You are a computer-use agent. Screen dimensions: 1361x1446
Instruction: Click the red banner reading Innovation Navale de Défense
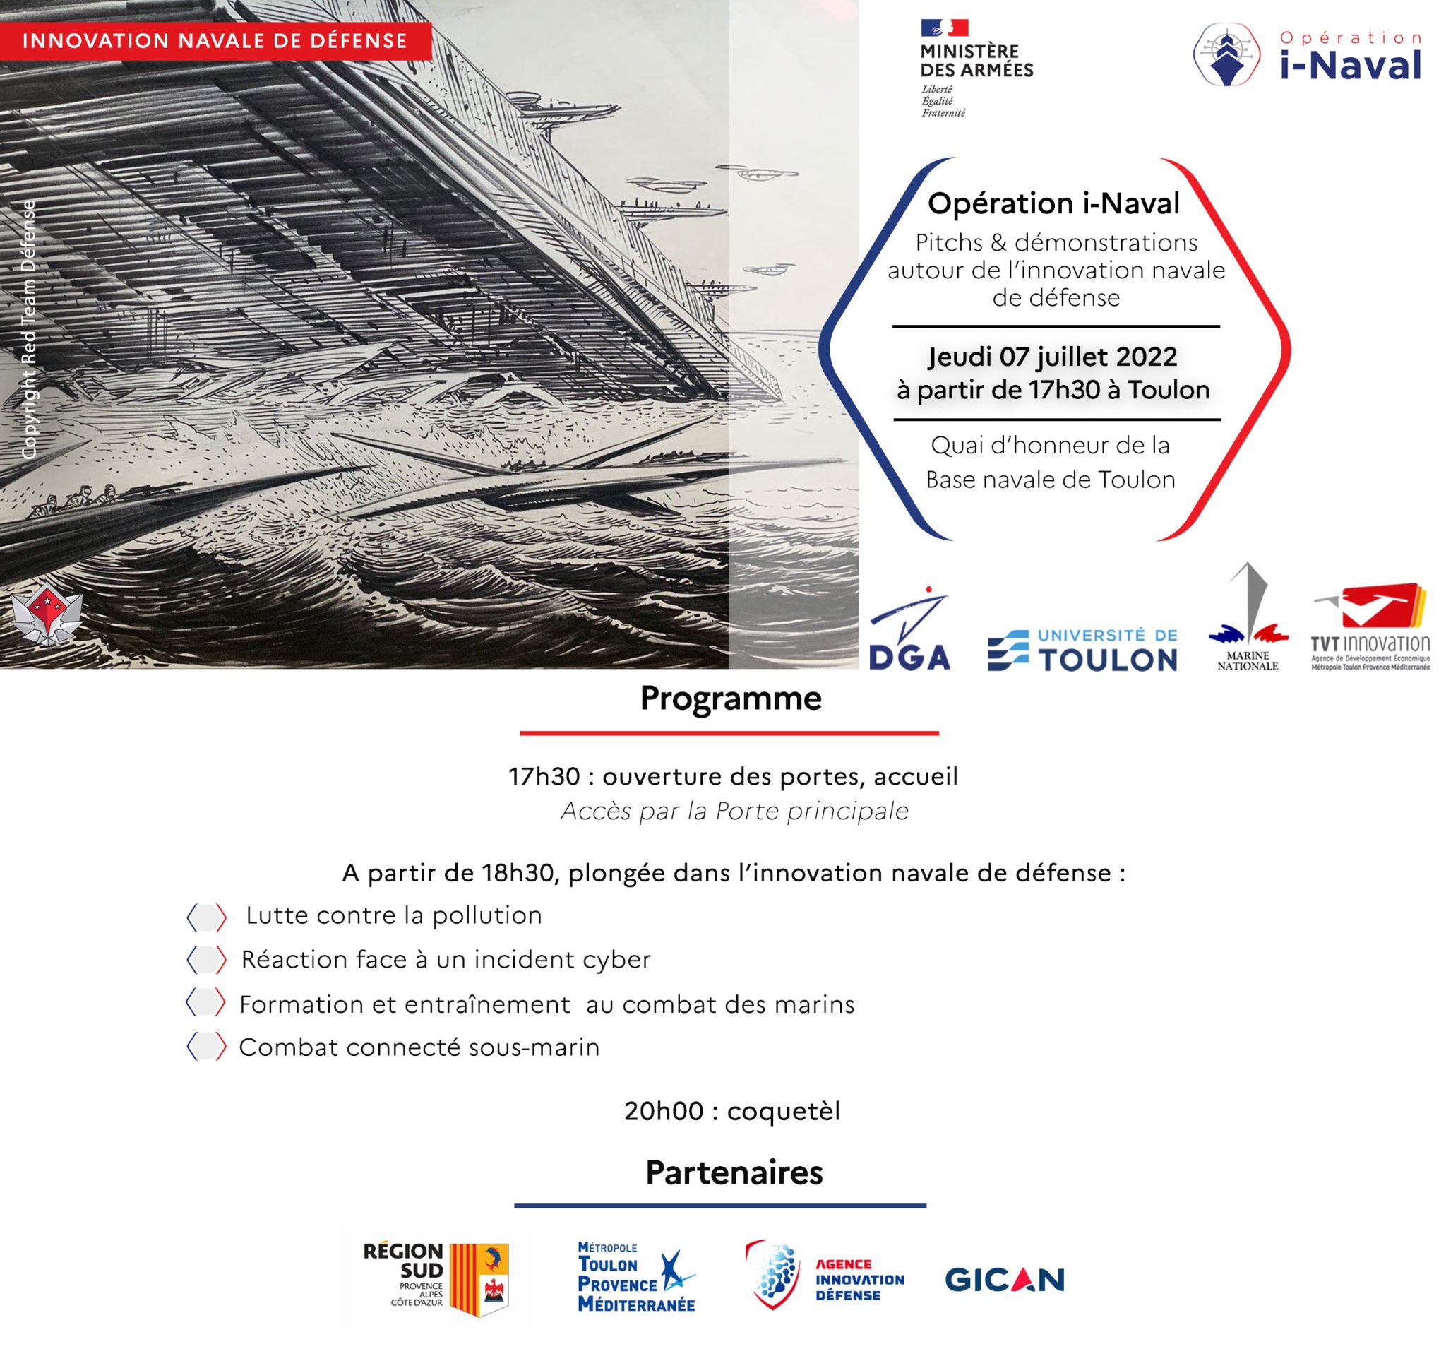coord(215,41)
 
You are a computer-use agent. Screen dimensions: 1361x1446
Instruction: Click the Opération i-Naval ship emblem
coord(1228,54)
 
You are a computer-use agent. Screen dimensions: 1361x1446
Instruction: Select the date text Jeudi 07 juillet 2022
coord(1053,357)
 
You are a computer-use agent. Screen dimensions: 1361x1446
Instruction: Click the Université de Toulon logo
coord(1082,650)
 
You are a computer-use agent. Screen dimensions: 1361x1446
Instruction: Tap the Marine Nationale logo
coord(1248,618)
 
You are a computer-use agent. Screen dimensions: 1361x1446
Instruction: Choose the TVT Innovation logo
coord(1370,627)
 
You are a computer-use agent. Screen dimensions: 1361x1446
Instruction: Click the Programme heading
coord(730,699)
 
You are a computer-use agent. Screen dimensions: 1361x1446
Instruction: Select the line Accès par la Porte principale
coord(734,811)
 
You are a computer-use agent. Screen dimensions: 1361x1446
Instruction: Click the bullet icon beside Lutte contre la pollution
coord(207,917)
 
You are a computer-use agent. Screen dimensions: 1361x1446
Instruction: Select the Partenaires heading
coord(734,1172)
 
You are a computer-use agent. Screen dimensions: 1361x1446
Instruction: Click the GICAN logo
coord(1005,1280)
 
